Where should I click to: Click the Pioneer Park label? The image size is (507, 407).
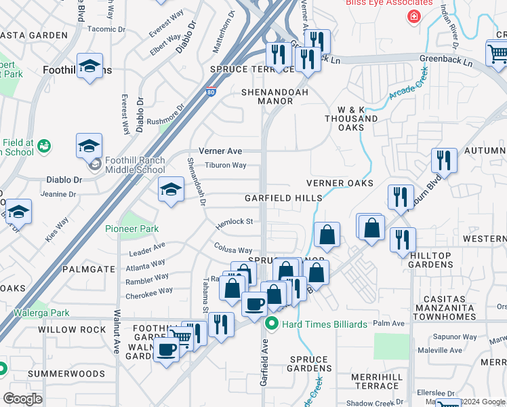coord(131,229)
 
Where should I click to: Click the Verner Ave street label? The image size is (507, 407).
coord(220,151)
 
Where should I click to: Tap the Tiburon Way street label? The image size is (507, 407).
coord(226,165)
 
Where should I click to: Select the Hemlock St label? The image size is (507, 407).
coord(234,222)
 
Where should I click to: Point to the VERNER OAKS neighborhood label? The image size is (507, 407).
coord(340,183)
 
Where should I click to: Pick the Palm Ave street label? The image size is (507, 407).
coord(393,324)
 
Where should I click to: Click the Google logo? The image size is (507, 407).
coord(22,398)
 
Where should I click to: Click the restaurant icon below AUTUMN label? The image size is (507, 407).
coord(443,161)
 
